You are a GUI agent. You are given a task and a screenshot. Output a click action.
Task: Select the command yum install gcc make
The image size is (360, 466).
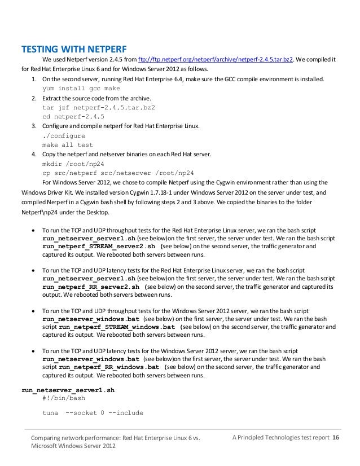click(81, 89)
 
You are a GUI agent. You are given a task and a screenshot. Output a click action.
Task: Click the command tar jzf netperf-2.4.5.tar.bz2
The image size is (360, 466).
click(99, 107)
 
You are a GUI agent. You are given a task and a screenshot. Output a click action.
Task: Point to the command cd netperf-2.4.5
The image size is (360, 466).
click(73, 116)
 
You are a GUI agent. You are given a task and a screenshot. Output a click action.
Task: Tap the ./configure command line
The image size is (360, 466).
click(64, 135)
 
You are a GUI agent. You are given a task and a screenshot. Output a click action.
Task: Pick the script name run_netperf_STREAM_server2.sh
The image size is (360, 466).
click(99, 247)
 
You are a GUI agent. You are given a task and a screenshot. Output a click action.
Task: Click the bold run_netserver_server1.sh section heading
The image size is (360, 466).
click(68, 389)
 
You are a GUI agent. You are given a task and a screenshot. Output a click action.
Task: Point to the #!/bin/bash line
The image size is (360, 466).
click(64, 398)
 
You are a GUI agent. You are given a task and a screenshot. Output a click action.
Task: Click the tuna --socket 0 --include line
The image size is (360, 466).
click(93, 412)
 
